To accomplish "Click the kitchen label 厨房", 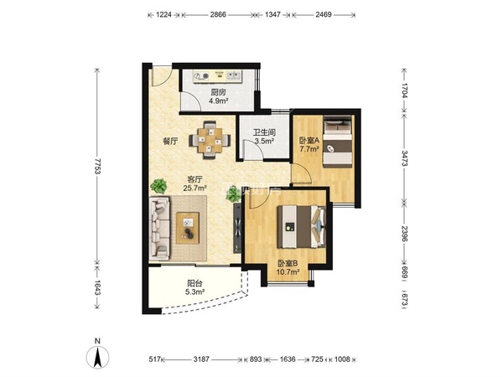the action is [218, 92].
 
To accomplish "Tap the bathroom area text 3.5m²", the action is [264, 141].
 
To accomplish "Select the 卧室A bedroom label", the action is [309, 141].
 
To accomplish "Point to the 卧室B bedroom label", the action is [288, 264].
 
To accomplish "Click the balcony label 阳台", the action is [195, 283].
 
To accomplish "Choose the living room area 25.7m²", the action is [194, 188].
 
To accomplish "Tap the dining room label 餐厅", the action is [171, 141].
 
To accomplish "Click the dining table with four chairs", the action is [210, 140].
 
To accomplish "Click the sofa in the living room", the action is [159, 228].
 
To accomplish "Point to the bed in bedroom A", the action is [337, 141].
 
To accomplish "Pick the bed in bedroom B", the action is [302, 227].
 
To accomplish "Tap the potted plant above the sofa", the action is [158, 186].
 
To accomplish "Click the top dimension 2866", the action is [218, 15].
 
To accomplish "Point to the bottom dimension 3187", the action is [201, 359].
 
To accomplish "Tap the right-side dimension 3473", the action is [405, 158].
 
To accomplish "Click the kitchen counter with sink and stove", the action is [217, 76].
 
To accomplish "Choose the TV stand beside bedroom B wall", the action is [237, 227].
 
